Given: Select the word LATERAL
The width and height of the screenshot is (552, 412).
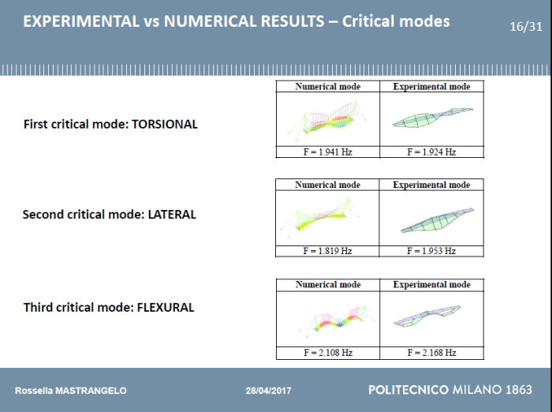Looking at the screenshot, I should [x=172, y=214].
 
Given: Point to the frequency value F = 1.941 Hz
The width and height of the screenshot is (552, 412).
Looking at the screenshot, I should [x=327, y=152].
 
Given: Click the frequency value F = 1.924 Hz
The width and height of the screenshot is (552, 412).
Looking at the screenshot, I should [x=431, y=152].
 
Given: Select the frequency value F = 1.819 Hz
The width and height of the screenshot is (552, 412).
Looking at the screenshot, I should [x=327, y=251].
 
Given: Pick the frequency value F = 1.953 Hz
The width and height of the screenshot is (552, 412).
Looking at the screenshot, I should [x=431, y=251].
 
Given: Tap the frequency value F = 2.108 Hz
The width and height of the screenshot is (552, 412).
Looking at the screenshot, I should [x=327, y=353].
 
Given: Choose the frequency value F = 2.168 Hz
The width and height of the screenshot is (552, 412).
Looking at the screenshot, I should [x=431, y=353].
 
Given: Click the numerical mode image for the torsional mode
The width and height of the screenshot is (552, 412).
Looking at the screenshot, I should [x=327, y=119].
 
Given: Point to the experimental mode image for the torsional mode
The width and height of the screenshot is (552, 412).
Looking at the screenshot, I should [x=432, y=118].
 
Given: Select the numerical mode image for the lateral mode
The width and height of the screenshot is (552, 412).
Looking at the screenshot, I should [x=327, y=217].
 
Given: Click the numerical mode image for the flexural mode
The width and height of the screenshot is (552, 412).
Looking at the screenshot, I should [x=327, y=318].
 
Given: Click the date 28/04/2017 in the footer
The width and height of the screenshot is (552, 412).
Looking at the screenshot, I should [x=268, y=391].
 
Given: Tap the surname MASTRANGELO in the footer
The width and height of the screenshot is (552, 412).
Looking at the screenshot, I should [x=88, y=391].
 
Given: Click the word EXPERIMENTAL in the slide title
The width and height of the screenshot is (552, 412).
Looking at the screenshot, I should [x=80, y=21].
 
